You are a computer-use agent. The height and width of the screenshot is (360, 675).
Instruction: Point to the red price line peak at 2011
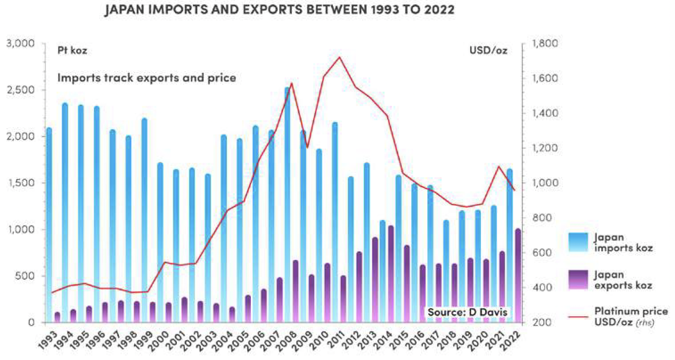[339, 57]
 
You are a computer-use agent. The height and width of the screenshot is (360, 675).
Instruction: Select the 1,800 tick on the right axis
[545, 43]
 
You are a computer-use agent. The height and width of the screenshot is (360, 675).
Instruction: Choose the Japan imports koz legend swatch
[578, 242]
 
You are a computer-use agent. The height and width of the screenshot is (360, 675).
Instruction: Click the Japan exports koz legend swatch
[578, 280]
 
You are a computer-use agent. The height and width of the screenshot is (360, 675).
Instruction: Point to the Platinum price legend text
[630, 316]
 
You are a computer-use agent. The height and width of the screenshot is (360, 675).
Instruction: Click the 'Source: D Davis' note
[467, 312]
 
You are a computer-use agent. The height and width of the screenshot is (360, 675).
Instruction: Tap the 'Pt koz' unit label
[72, 50]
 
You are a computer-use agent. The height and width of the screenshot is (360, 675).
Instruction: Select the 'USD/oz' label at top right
[488, 50]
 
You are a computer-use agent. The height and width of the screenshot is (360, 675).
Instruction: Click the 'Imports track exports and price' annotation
[146, 78]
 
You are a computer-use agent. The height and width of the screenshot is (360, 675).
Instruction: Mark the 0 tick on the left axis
[31, 322]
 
